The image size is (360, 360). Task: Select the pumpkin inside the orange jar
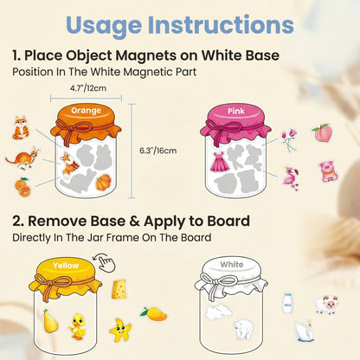pyautogui.click(x=103, y=181)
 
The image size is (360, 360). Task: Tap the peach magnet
pyautogui.click(x=322, y=132)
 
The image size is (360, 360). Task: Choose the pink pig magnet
pyautogui.click(x=328, y=170)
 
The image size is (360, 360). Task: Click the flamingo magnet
pyautogui.click(x=291, y=177)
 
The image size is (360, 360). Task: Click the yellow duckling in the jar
pyautogui.click(x=80, y=325)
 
